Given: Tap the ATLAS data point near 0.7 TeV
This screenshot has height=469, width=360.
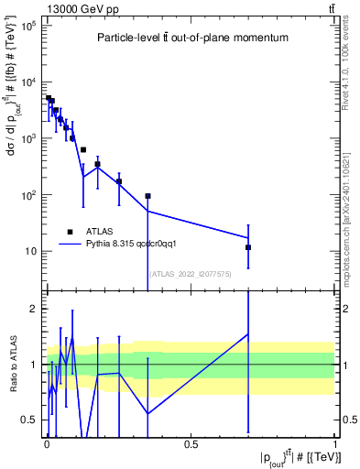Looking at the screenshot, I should tap(248, 247).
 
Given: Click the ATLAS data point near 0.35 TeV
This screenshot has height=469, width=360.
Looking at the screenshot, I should tap(147, 196).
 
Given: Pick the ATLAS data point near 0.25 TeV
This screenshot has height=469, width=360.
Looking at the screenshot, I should tap(119, 181).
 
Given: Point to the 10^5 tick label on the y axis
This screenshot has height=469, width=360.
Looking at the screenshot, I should tap(27, 26).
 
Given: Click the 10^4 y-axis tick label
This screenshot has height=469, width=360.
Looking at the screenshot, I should tap(27, 82).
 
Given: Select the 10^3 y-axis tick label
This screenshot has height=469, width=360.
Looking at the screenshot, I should tap(27, 138).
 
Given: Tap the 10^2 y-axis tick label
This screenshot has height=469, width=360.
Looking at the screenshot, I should tap(27, 195).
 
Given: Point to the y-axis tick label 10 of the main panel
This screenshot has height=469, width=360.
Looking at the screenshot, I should tap(29, 252).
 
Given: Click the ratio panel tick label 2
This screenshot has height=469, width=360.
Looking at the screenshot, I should tap(35, 309).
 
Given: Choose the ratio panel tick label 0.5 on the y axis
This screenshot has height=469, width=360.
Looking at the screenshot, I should tap(30, 420).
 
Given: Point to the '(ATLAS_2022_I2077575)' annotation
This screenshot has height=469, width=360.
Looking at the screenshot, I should tap(191, 273).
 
